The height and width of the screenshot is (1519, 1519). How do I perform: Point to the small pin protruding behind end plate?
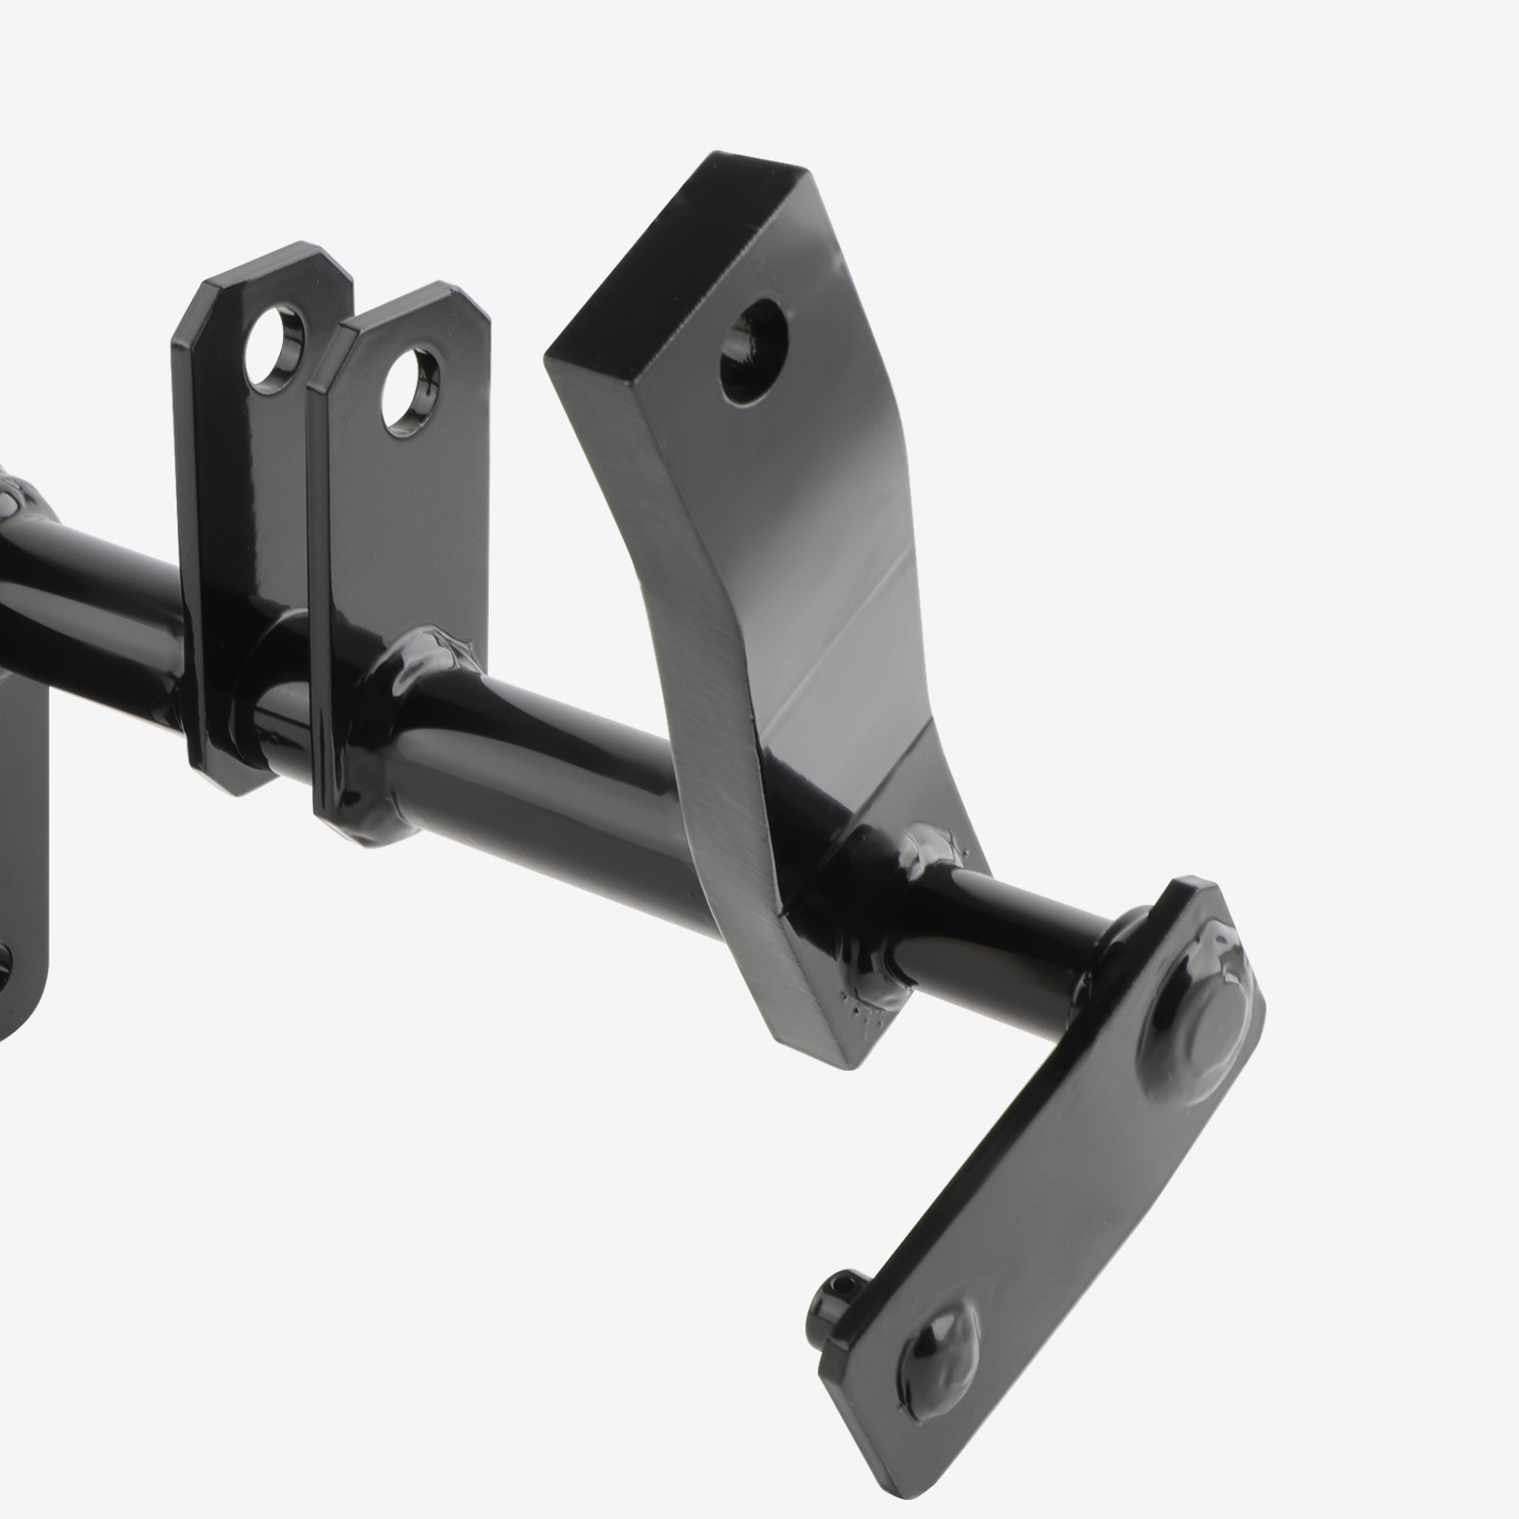829,1294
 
